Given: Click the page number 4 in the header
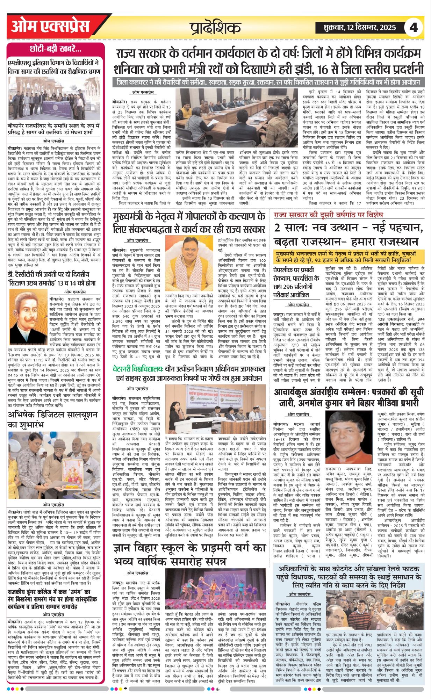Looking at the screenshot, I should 414,27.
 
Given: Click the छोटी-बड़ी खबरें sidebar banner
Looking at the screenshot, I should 56,49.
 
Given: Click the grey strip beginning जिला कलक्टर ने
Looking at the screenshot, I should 268,82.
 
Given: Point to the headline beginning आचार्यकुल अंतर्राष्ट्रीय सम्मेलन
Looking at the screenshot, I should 349,397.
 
